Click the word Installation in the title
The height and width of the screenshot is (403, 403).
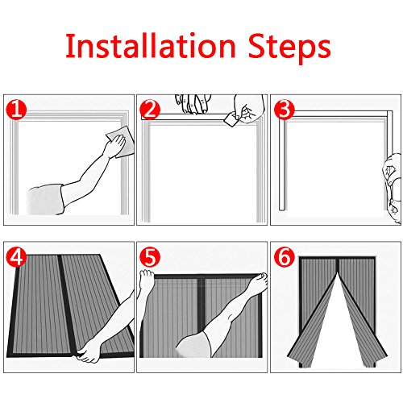click(151, 46)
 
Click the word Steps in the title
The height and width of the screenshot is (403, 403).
click(289, 48)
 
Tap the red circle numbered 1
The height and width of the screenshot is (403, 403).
click(17, 110)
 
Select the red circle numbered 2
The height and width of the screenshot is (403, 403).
click(150, 110)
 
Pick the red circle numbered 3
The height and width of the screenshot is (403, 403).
click(284, 110)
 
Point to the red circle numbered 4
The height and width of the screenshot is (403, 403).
click(17, 257)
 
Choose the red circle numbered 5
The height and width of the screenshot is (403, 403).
click(150, 257)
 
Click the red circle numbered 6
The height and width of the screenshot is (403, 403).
click(284, 257)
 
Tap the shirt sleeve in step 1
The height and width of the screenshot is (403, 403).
click(46, 199)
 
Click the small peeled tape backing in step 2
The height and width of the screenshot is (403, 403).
click(230, 119)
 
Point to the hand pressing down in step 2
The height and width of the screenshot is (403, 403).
click(193, 104)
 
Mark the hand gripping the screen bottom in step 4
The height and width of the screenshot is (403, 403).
click(89, 351)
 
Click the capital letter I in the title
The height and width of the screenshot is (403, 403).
click(69, 46)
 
